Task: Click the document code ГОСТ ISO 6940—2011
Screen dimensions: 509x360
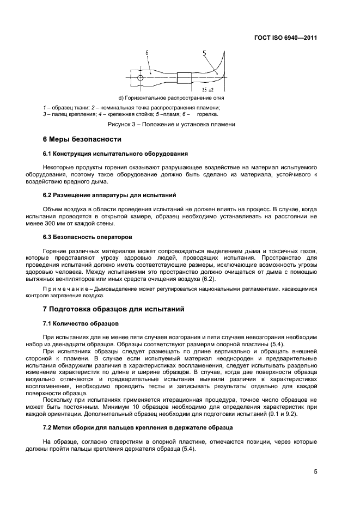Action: click(x=285, y=39)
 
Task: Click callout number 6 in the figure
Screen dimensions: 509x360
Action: click(x=147, y=53)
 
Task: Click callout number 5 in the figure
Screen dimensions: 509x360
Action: click(x=204, y=53)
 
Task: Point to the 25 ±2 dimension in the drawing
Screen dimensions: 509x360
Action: click(x=208, y=88)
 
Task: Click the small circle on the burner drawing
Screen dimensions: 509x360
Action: click(x=141, y=78)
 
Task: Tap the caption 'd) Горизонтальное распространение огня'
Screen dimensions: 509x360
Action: click(x=171, y=98)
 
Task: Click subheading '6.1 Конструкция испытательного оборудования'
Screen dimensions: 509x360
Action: click(x=115, y=154)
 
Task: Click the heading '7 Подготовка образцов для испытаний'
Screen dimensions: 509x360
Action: click(x=114, y=309)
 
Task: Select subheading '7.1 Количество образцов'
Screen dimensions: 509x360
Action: click(x=77, y=323)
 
